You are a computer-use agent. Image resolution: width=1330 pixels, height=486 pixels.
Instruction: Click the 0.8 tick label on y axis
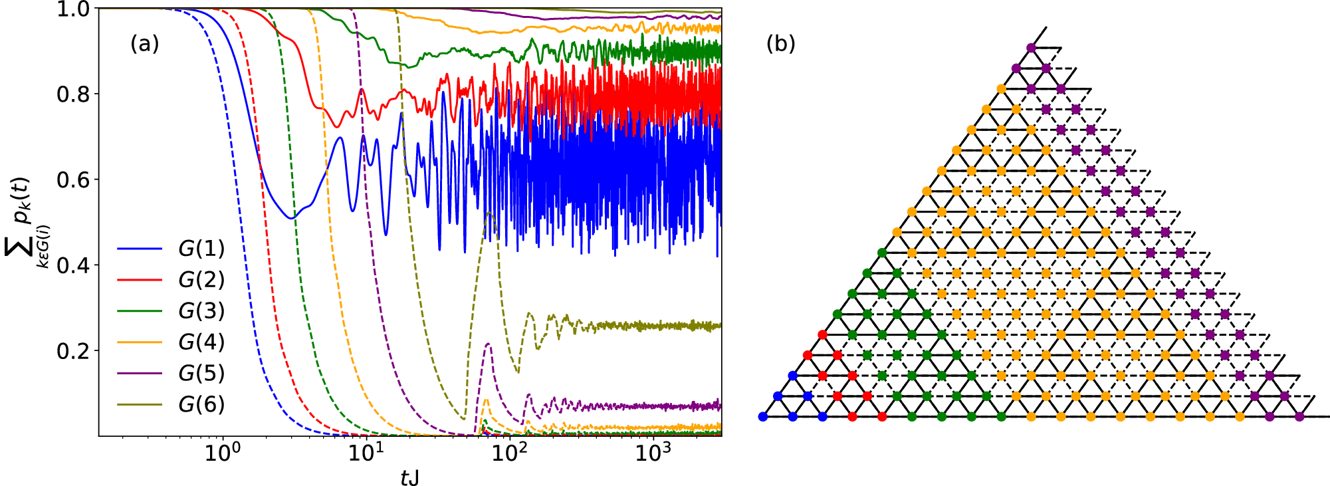[x=74, y=94]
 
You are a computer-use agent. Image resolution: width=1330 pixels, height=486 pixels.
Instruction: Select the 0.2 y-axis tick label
[x=74, y=351]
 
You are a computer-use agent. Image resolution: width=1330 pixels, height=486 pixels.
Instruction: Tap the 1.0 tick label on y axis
[x=74, y=9]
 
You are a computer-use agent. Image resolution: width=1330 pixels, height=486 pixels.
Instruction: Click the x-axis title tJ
[x=409, y=477]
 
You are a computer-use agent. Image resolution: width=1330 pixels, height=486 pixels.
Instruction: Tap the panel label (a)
[x=144, y=44]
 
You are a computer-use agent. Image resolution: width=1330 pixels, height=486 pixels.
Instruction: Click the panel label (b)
[x=780, y=44]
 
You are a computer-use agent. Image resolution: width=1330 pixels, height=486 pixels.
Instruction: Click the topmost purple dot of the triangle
[x=1031, y=48]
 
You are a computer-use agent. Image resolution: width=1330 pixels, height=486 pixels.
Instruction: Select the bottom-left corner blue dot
[x=763, y=417]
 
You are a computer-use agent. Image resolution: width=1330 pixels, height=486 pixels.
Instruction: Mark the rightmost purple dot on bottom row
[x=1299, y=417]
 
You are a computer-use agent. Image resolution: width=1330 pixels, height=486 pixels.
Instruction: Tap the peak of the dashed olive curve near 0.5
[x=490, y=213]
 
